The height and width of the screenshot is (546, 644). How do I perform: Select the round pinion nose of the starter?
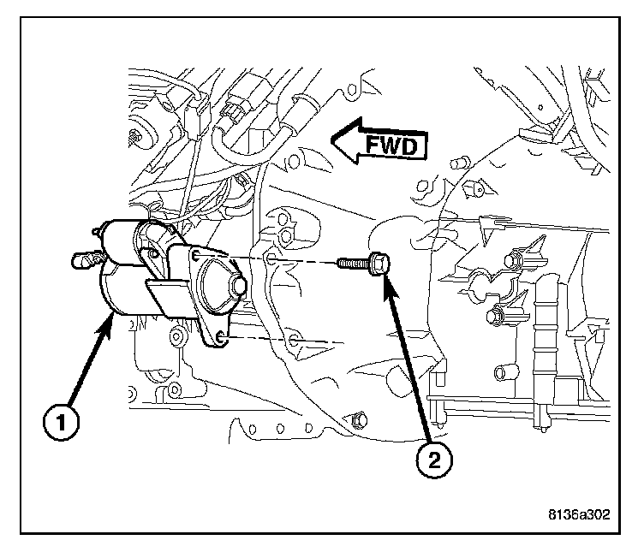[x=237, y=287]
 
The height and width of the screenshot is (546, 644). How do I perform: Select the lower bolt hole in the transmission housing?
[x=295, y=341]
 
